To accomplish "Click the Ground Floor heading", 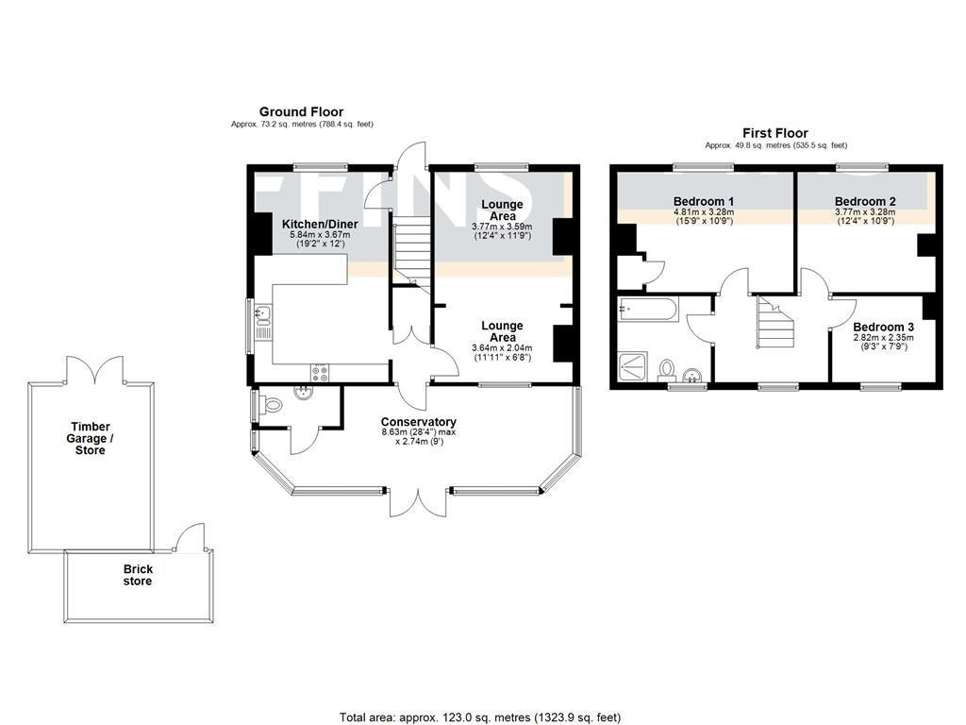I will [302, 111].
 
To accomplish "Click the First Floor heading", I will [775, 133].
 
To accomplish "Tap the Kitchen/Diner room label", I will [320, 224].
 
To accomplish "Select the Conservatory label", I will [418, 422].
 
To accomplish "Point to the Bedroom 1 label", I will [704, 201].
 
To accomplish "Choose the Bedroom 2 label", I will [865, 201].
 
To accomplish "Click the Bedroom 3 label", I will [883, 327].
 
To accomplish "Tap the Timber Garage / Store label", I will [92, 438].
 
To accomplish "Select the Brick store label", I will [138, 575].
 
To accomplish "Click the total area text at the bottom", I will [480, 717].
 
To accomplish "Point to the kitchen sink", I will [262, 322].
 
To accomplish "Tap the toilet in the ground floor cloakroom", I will [272, 406].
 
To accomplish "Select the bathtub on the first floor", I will [646, 309].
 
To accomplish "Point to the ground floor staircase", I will [409, 251].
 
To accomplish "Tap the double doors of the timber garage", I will [93, 369].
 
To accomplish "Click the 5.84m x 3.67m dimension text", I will [320, 235].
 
